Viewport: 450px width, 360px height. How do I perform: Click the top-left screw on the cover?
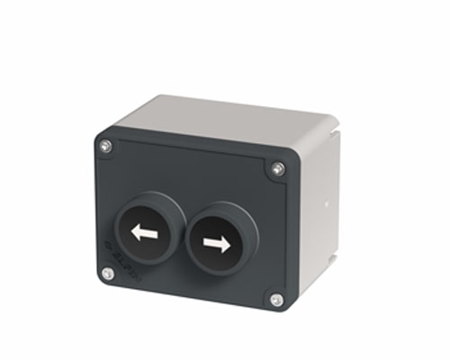[105, 146]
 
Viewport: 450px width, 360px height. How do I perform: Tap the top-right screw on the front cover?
[278, 168]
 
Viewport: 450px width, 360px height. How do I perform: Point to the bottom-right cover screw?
[276, 300]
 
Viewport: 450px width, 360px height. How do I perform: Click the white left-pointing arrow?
[144, 234]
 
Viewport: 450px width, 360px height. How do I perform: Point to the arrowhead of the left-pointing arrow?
[135, 233]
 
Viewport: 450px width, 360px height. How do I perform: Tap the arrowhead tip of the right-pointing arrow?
[229, 243]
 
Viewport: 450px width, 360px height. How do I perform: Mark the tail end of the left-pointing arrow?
[156, 235]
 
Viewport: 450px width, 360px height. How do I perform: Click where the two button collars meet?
[184, 236]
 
